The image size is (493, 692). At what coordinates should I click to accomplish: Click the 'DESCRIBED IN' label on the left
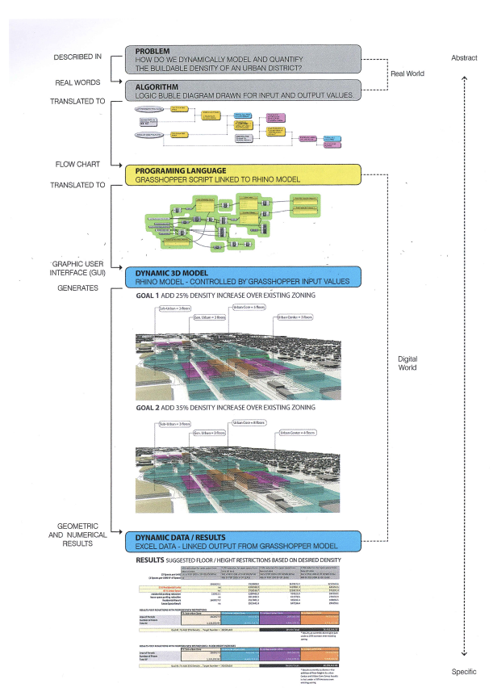[x=77, y=57]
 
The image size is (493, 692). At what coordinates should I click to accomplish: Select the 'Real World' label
[x=407, y=74]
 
